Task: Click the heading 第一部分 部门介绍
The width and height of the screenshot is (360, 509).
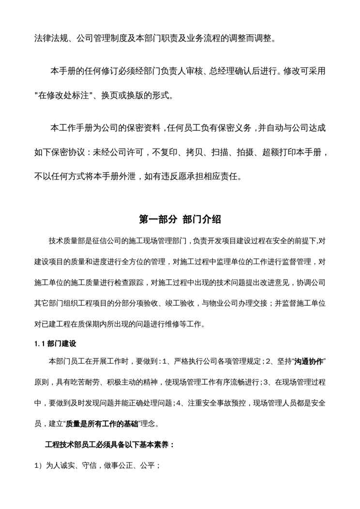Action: pos(180,219)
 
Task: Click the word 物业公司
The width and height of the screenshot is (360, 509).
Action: pos(225,303)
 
